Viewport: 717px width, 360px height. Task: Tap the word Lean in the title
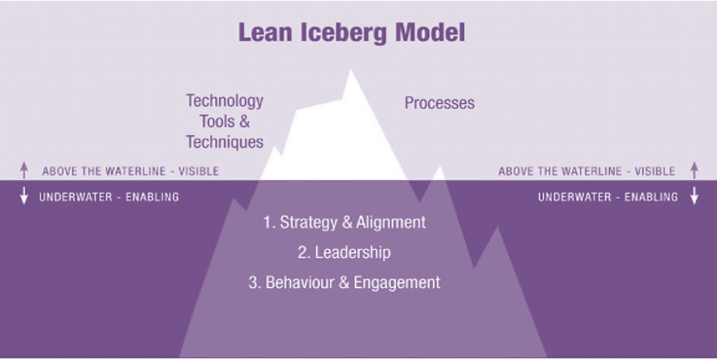pos(267,32)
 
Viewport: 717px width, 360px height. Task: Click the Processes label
pos(440,103)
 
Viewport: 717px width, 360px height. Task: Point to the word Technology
pos(225,101)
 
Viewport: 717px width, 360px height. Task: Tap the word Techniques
pos(225,141)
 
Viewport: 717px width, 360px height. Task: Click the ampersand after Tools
pos(244,121)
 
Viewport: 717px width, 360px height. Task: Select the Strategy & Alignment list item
pos(344,222)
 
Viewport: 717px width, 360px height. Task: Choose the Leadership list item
pos(344,253)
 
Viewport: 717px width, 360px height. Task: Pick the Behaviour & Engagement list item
pos(344,282)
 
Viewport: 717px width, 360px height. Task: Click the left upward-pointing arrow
pos(24,170)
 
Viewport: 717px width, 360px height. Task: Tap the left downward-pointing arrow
pos(24,196)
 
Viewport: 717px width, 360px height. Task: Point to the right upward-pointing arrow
pos(694,170)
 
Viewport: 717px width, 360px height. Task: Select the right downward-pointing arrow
pos(694,196)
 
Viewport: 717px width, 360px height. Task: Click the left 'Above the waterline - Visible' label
pos(130,171)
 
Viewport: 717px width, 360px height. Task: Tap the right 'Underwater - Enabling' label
pos(608,197)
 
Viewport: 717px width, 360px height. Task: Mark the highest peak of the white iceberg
pos(351,69)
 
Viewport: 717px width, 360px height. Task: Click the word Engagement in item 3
pos(397,283)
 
